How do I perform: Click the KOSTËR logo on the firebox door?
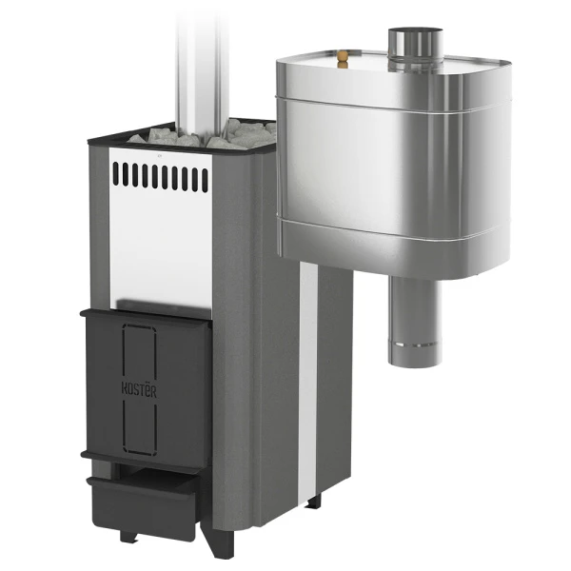click(139, 390)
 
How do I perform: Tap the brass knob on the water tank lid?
click(343, 59)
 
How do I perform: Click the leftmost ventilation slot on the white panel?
click(116, 173)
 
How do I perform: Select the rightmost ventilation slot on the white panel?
click(205, 180)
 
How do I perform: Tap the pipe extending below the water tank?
click(415, 321)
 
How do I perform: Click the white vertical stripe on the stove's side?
click(308, 383)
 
